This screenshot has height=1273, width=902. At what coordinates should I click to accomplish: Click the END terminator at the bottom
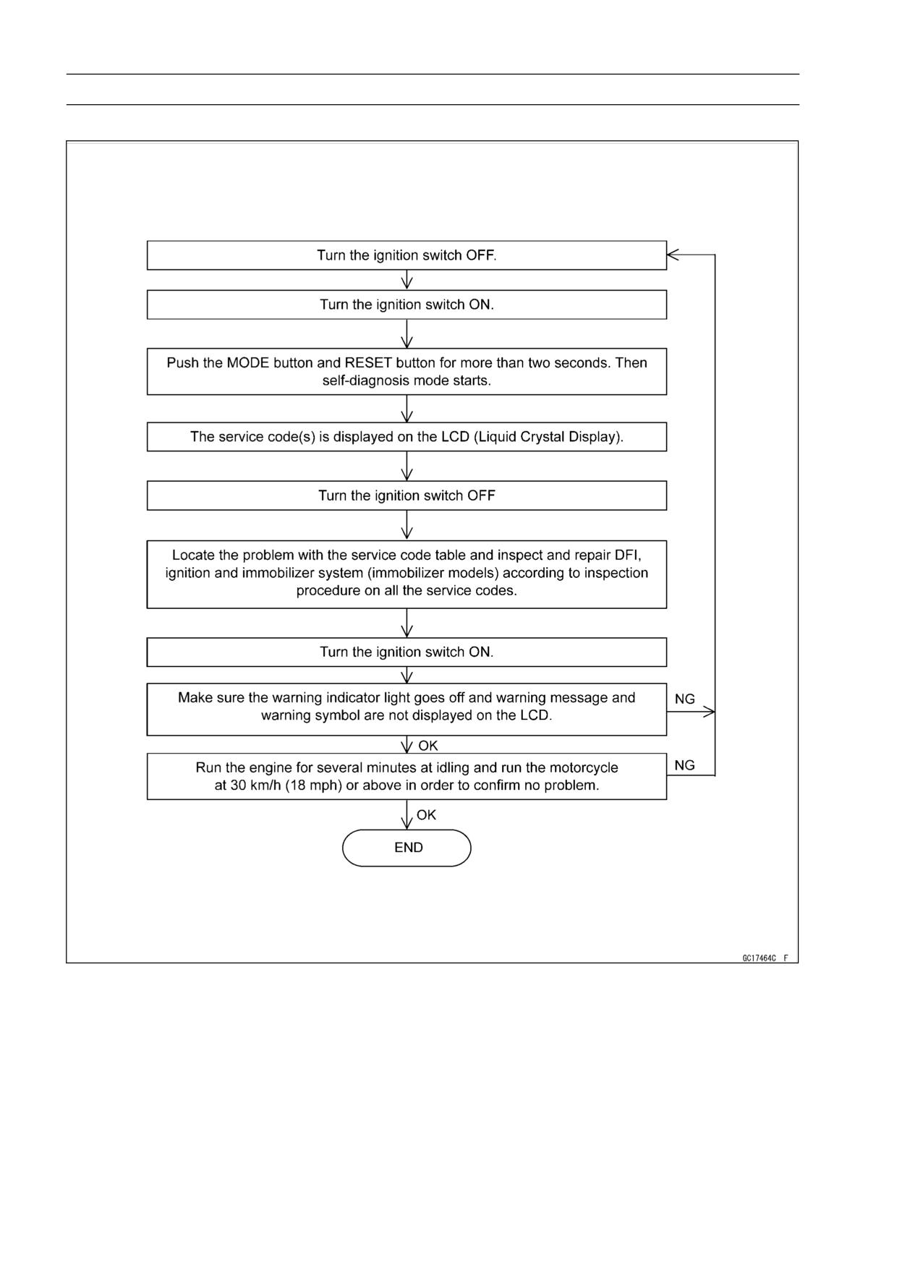point(407,848)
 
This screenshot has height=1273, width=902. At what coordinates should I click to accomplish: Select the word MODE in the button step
point(248,362)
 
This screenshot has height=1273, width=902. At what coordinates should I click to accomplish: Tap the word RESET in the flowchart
point(368,362)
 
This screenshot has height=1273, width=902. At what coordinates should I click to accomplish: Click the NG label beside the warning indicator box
point(685,699)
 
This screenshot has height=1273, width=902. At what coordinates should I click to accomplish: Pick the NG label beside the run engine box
point(685,765)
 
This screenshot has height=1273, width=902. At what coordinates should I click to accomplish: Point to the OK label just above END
point(426,814)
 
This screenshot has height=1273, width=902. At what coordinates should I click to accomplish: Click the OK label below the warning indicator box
point(427,745)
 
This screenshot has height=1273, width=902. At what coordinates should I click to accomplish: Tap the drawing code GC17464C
point(759,958)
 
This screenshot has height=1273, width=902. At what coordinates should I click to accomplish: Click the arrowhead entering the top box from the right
point(672,255)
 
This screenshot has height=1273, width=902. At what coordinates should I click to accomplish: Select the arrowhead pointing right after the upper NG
point(710,712)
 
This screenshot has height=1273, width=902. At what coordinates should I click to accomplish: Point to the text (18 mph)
point(313,785)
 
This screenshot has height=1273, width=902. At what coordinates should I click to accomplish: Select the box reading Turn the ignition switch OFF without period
point(407,495)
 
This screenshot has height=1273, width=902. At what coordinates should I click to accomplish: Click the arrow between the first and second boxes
point(407,280)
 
